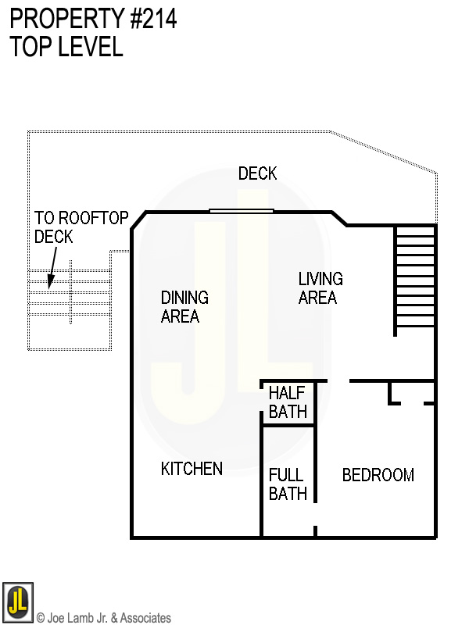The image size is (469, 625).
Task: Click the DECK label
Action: (x=257, y=173)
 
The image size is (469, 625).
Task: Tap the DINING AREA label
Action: (x=184, y=307)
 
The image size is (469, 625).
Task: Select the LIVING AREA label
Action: (x=320, y=288)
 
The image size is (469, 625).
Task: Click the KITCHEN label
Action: (x=192, y=469)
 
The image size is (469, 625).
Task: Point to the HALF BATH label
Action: (x=288, y=402)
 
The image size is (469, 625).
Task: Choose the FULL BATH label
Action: (x=287, y=484)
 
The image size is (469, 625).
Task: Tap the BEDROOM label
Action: (x=378, y=475)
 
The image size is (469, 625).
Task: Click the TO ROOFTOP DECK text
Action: (x=81, y=227)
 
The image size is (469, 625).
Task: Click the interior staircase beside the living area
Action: (x=415, y=278)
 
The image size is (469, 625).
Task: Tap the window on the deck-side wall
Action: (x=242, y=210)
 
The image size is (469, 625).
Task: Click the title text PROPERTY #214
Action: (x=93, y=20)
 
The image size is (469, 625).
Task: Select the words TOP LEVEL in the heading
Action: (x=66, y=47)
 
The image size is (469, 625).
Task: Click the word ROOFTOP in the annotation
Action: (x=92, y=218)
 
